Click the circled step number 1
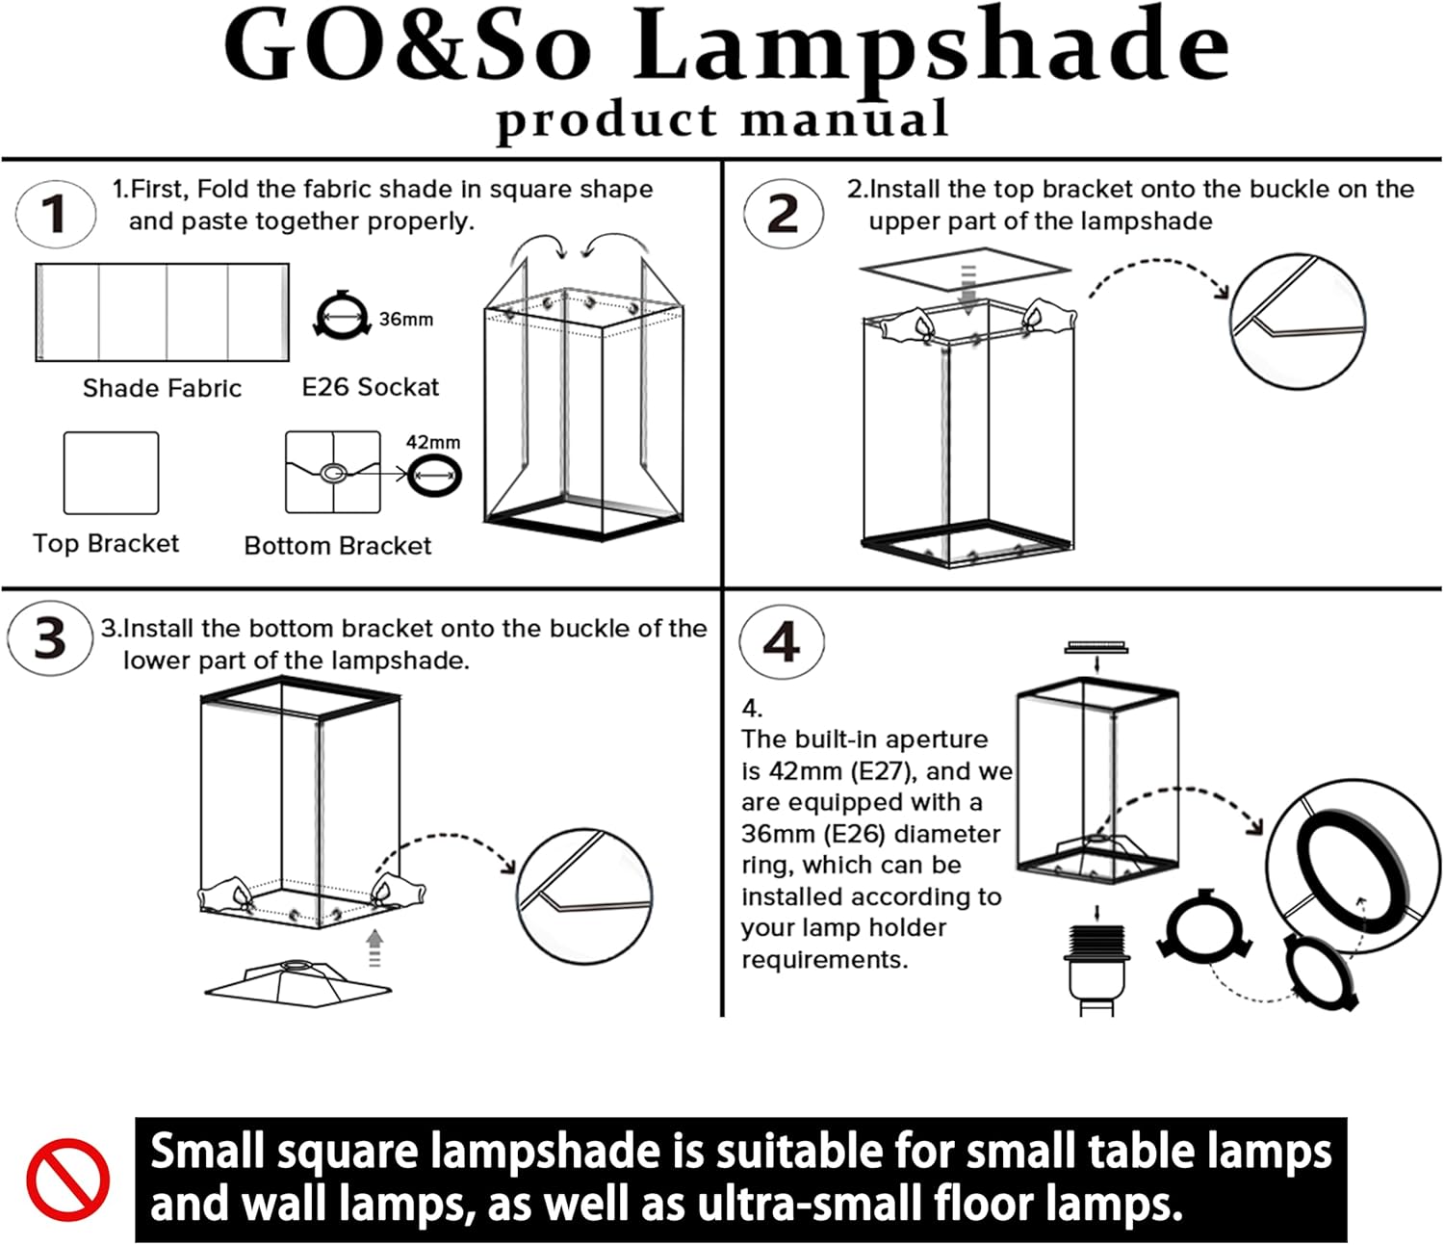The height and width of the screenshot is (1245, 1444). point(55,213)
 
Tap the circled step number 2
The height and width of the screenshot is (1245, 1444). point(783,213)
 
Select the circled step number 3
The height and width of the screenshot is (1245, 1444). point(50,637)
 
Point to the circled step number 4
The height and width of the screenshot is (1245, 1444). point(782,641)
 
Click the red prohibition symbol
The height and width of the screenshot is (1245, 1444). point(67,1180)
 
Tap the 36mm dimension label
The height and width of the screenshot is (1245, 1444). point(406,320)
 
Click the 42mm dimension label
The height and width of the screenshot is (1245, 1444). point(433,442)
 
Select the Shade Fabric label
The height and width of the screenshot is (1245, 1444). point(162,388)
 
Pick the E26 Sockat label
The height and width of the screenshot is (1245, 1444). point(371,386)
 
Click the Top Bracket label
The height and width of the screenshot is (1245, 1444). point(106,543)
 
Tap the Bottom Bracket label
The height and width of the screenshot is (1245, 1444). point(338,546)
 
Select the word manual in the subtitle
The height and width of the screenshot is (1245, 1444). point(844,117)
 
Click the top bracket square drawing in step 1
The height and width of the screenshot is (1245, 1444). point(111,473)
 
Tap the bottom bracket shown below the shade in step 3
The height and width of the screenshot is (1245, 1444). point(298,983)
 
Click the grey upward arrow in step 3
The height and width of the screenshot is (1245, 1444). point(374,948)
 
